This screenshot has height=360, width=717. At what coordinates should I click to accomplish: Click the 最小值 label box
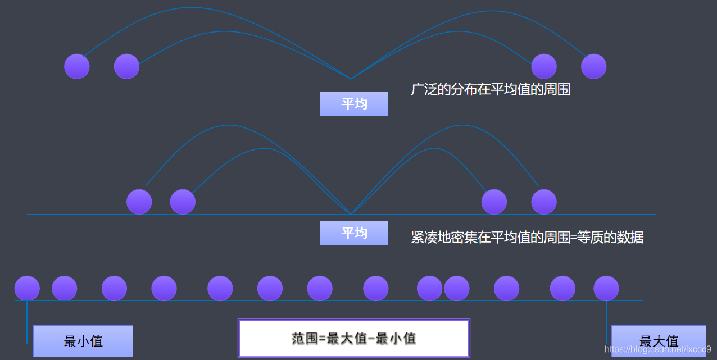click(83, 341)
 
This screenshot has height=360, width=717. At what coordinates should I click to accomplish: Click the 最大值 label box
click(659, 341)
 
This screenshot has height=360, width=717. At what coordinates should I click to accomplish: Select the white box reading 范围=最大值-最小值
click(354, 338)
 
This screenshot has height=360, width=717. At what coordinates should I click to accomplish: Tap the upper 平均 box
click(354, 104)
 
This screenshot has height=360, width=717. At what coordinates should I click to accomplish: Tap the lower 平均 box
click(354, 233)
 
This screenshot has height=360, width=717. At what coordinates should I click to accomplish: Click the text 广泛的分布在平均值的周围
click(491, 89)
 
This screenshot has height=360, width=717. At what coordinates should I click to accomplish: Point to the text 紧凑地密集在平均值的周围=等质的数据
click(527, 238)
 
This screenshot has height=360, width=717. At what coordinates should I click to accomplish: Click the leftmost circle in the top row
click(77, 66)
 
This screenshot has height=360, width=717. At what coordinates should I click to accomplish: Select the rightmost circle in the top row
click(593, 66)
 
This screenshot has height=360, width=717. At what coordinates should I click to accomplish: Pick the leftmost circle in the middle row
click(139, 202)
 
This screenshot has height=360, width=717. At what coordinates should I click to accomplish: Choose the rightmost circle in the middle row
click(544, 202)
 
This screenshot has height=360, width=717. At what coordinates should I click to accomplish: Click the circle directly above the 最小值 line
click(27, 288)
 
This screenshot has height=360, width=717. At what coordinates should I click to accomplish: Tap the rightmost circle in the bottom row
click(606, 288)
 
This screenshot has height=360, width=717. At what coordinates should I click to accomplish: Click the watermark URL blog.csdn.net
click(657, 349)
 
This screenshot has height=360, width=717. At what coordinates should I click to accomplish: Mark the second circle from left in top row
click(126, 66)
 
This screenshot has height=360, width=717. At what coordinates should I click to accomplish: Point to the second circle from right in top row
click(544, 66)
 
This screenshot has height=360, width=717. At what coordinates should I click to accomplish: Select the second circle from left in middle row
click(183, 202)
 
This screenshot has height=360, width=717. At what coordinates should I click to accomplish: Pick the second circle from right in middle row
click(494, 202)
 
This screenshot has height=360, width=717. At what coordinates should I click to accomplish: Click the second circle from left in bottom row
click(65, 288)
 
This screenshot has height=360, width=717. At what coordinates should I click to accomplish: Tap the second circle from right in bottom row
click(562, 288)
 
